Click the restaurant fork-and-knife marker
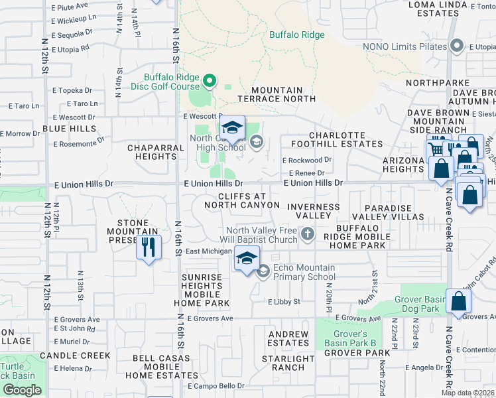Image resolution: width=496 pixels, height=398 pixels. pos(149,248)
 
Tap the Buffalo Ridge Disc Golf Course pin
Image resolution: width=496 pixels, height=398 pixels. pos(210,82)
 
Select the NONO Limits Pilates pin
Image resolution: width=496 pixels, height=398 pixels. pos(456,46)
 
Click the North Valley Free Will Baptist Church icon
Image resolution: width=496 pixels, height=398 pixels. pos(307,233)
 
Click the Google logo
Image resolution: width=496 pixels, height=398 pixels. pos(22,389)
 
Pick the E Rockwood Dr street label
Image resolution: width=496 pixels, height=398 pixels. pos(306,160)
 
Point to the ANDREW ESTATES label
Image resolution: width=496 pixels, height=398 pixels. pos(288,338)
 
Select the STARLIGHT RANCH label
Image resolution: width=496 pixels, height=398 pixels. pos(288,364)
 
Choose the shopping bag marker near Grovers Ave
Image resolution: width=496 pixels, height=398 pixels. pos(459,302)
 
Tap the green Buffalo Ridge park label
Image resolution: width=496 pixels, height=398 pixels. pos(296,34)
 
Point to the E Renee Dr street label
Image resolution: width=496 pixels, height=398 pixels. pos(302,173)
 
